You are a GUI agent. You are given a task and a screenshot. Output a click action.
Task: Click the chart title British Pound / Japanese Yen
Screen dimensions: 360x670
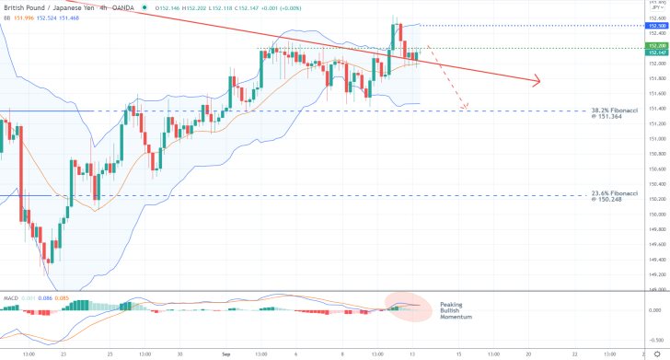[x=45, y=6]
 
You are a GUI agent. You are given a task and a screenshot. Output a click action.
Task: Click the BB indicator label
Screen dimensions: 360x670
[x=6, y=17]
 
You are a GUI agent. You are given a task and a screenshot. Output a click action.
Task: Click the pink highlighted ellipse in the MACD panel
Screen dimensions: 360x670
[x=407, y=307]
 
